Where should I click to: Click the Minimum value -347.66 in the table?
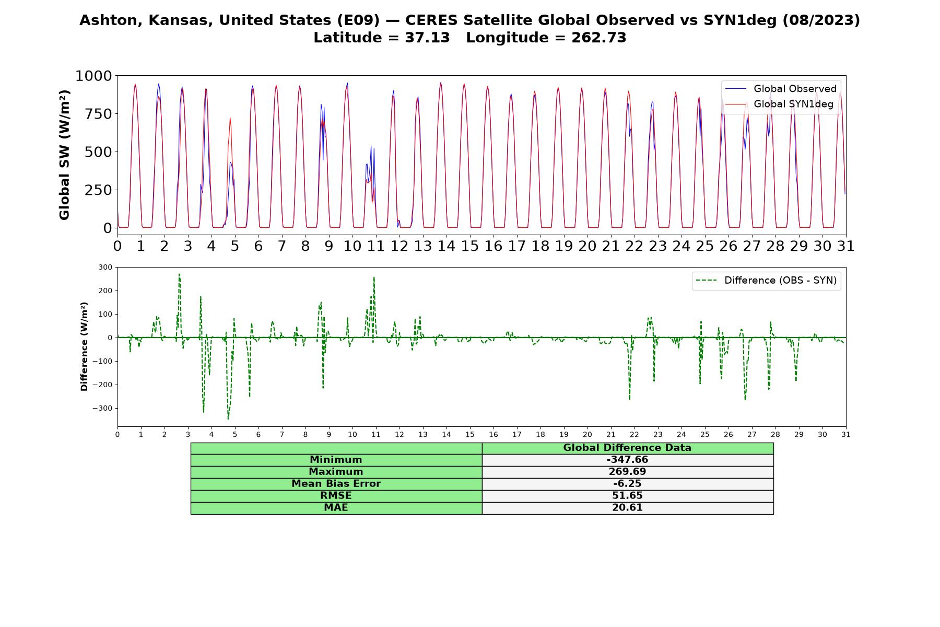627,460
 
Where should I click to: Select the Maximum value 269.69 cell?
627,472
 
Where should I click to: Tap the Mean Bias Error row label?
336,484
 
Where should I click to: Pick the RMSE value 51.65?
627,496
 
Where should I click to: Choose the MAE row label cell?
336,508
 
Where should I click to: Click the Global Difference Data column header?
627,448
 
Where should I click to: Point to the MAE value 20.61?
627,508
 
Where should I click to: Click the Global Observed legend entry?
781,89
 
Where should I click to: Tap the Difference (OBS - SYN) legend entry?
766,281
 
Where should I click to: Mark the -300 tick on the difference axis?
102,408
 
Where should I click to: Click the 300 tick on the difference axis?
105,268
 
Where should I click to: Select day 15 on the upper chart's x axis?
469,246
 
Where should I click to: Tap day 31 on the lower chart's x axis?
846,435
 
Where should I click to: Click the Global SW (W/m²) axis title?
65,155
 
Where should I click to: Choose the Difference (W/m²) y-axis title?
84,346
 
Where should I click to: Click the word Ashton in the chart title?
111,20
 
